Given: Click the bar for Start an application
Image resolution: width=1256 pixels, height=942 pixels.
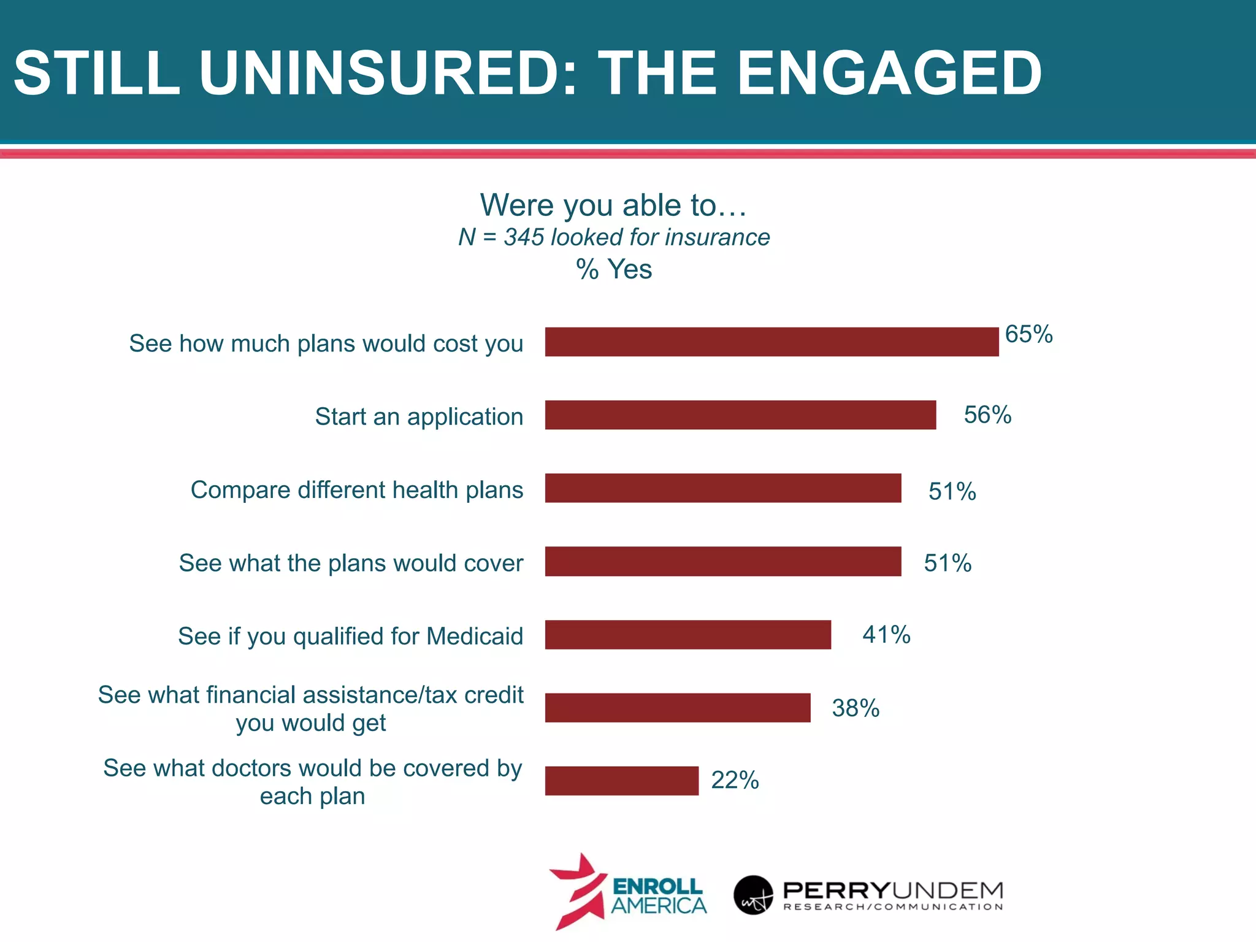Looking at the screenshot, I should click(740, 415).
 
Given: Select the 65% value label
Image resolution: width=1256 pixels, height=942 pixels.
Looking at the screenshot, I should click(1028, 335).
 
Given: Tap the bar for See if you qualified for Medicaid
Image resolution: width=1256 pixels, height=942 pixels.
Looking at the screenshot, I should click(687, 635).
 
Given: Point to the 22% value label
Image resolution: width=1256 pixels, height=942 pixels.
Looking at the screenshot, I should click(735, 781).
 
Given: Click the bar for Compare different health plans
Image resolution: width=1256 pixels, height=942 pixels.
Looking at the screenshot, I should click(723, 488).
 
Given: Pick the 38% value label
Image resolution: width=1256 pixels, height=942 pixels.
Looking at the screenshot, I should click(856, 708).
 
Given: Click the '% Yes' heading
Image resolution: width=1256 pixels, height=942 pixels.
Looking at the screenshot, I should click(614, 269).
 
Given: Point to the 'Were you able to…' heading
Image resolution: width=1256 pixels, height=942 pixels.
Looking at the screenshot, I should click(613, 205).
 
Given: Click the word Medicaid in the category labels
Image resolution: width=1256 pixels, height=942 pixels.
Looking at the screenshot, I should click(475, 636).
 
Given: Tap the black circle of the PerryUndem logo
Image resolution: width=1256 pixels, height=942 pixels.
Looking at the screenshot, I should click(753, 895).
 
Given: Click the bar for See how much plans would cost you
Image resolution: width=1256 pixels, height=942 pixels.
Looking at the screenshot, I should click(772, 342).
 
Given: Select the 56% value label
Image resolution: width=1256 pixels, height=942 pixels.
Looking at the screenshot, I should click(987, 415).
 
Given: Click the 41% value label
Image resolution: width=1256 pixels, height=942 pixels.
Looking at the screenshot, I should click(886, 635).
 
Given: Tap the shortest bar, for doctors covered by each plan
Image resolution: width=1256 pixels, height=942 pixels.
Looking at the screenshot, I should click(621, 781).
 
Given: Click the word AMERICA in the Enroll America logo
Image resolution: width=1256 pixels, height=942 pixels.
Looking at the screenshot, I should click(659, 906).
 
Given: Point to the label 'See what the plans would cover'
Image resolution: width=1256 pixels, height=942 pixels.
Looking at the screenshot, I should click(351, 563).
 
